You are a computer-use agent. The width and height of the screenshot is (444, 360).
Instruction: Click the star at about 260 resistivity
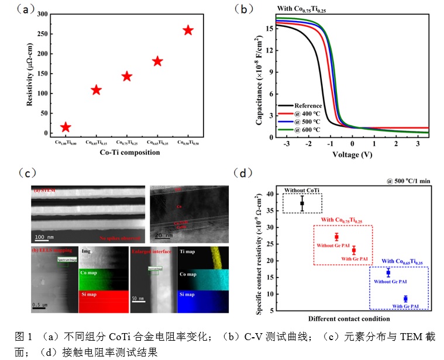(188, 30)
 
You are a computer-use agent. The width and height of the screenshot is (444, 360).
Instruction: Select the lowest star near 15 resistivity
(66, 127)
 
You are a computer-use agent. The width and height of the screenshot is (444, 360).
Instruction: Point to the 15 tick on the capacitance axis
(270, 27)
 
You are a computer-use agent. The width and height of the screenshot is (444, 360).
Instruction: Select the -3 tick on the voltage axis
(287, 144)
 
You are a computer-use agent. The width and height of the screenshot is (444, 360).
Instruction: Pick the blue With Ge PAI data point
(405, 299)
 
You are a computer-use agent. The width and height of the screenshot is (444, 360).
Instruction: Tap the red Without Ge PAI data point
(336, 237)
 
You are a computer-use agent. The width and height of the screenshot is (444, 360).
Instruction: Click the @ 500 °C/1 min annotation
(408, 181)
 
